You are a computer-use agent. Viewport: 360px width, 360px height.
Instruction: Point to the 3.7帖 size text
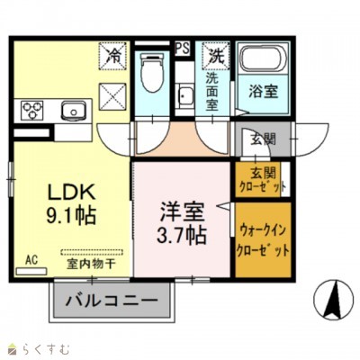click(x=183, y=236)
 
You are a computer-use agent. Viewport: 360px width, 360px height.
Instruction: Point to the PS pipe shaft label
click(x=183, y=48)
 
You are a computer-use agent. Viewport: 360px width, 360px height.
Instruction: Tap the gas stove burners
click(x=31, y=112)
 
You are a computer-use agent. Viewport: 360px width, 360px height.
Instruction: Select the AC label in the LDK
click(x=31, y=259)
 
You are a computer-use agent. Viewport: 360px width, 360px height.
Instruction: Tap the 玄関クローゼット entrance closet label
click(x=263, y=180)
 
